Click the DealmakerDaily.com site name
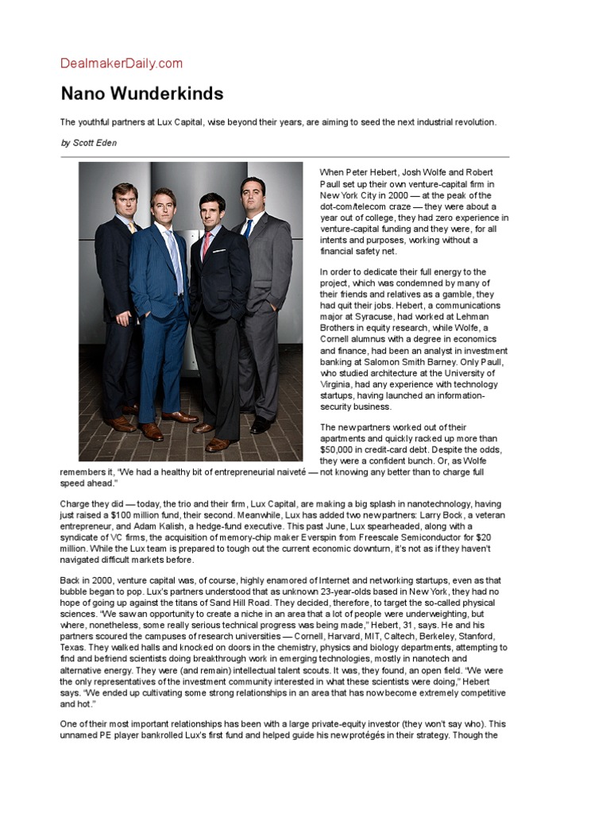point(122,64)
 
